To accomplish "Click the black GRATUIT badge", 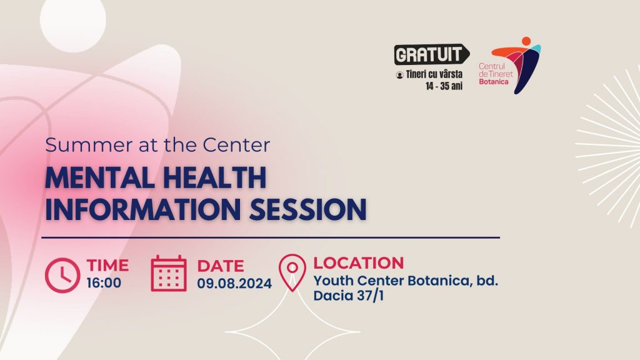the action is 431,54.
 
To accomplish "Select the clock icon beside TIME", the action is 62,275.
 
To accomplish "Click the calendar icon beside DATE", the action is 169,274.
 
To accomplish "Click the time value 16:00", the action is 104,282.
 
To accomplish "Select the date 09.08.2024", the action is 234,283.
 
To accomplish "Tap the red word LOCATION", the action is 358,263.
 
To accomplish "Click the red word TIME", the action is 107,265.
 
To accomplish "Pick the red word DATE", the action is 221,266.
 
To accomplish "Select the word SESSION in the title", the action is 307,209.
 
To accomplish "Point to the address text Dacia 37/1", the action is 349,295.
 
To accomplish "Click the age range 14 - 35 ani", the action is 444,86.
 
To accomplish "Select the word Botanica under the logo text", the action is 494,82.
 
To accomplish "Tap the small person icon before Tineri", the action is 399,75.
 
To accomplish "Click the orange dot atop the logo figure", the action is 526,41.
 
